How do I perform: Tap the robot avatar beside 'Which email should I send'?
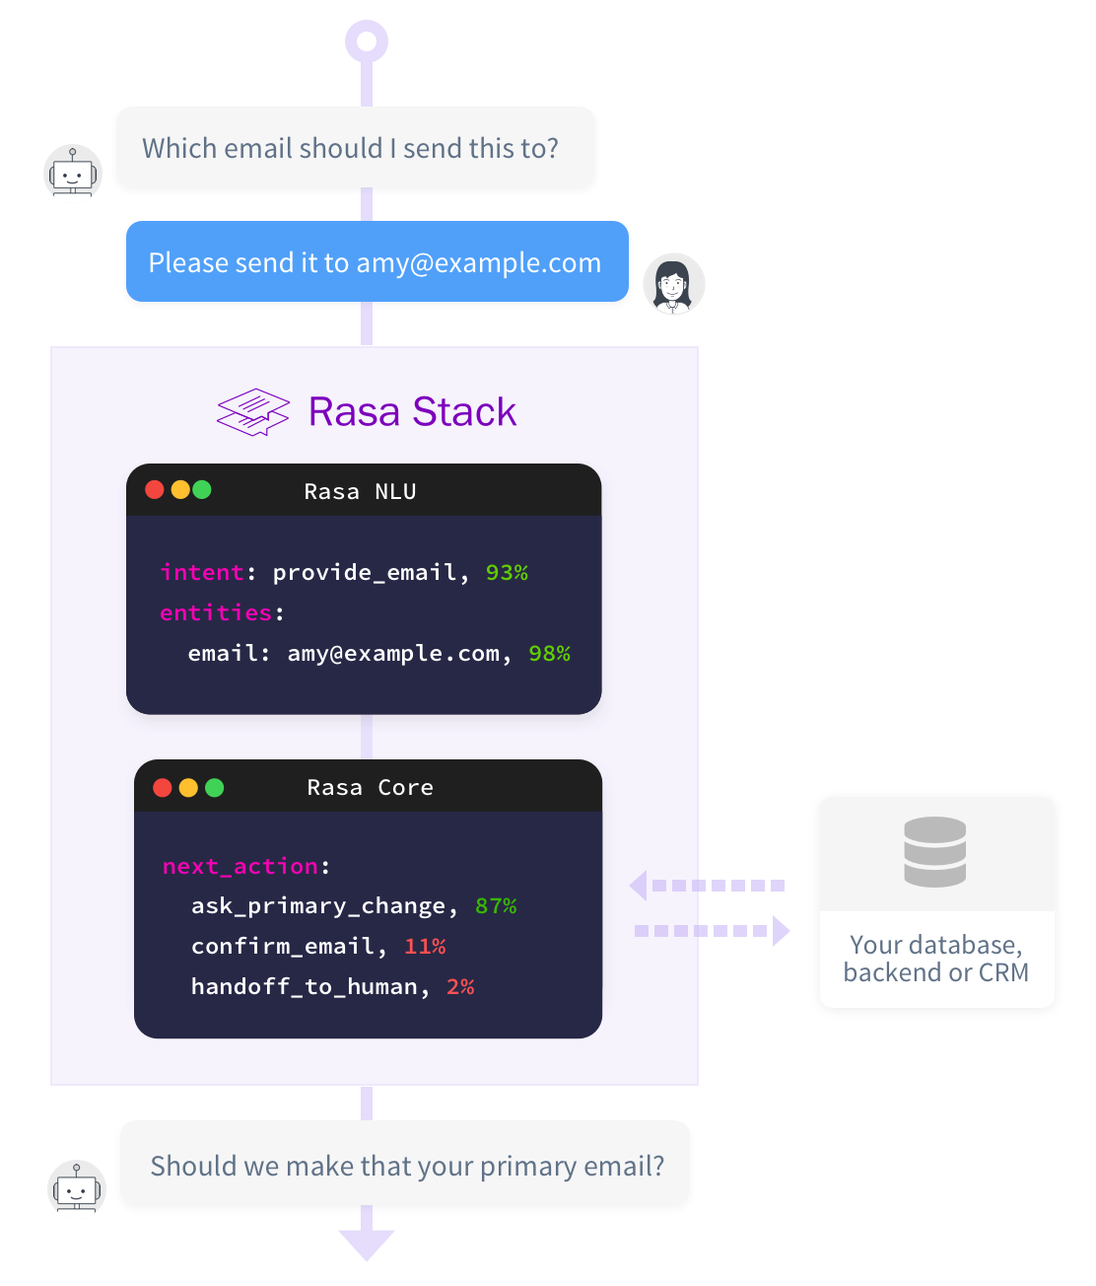tap(73, 174)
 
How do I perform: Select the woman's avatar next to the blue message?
tap(674, 284)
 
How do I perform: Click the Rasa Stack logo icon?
tap(253, 412)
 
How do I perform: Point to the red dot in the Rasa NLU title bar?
tap(155, 490)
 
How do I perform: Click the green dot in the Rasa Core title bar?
tap(214, 787)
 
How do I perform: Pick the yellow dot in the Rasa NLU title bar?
tap(179, 490)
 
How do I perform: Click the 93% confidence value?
tap(507, 573)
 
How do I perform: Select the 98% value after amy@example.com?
tap(549, 654)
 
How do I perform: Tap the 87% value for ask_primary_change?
tap(496, 906)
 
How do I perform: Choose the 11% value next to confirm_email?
tap(425, 947)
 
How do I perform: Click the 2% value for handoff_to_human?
tap(460, 987)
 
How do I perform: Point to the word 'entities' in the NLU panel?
tap(216, 613)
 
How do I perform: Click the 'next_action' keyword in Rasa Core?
tap(240, 866)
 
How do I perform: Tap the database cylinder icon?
tap(934, 851)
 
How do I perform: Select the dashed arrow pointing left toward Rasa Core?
tap(708, 886)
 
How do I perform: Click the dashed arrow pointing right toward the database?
tap(712, 930)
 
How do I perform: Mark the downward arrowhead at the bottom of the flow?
tap(367, 1245)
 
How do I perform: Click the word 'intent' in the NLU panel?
tap(202, 573)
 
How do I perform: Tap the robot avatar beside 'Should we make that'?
tap(77, 1189)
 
